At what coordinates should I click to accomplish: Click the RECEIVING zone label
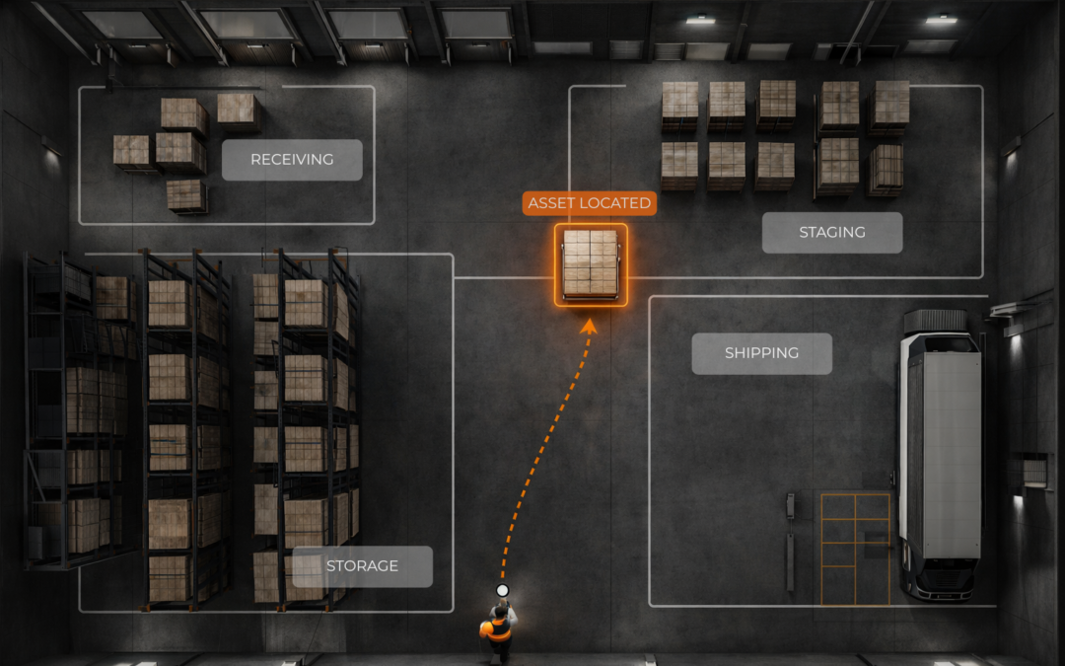point(292,160)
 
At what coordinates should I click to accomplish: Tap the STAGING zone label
point(832,233)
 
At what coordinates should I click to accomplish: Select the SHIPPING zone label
point(761,353)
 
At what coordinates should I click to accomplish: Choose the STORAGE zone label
point(362,566)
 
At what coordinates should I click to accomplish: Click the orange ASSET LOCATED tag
point(590,203)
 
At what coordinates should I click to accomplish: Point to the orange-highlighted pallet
point(591,263)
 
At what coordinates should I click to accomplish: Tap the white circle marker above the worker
point(502,590)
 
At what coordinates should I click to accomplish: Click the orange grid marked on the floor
point(855,548)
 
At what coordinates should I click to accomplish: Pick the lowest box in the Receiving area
point(186,195)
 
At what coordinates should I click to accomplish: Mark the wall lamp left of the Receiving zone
point(50,147)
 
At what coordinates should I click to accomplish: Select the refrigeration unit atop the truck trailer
point(936,321)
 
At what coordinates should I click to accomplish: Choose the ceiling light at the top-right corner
point(941,19)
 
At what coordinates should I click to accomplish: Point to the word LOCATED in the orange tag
point(614,203)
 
